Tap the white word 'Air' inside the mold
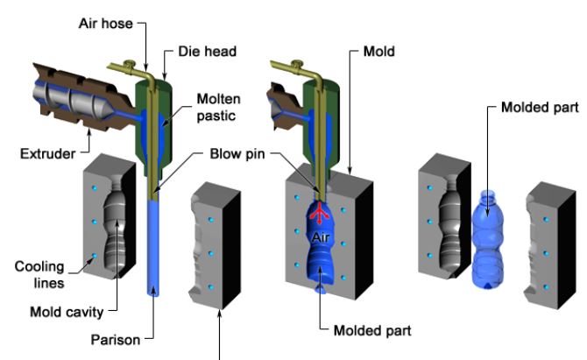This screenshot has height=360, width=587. (322, 235)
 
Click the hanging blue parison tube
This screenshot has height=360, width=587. (155, 250)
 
